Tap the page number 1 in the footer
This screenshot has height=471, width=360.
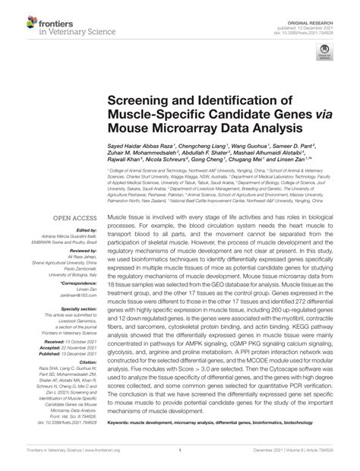[181, 464]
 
